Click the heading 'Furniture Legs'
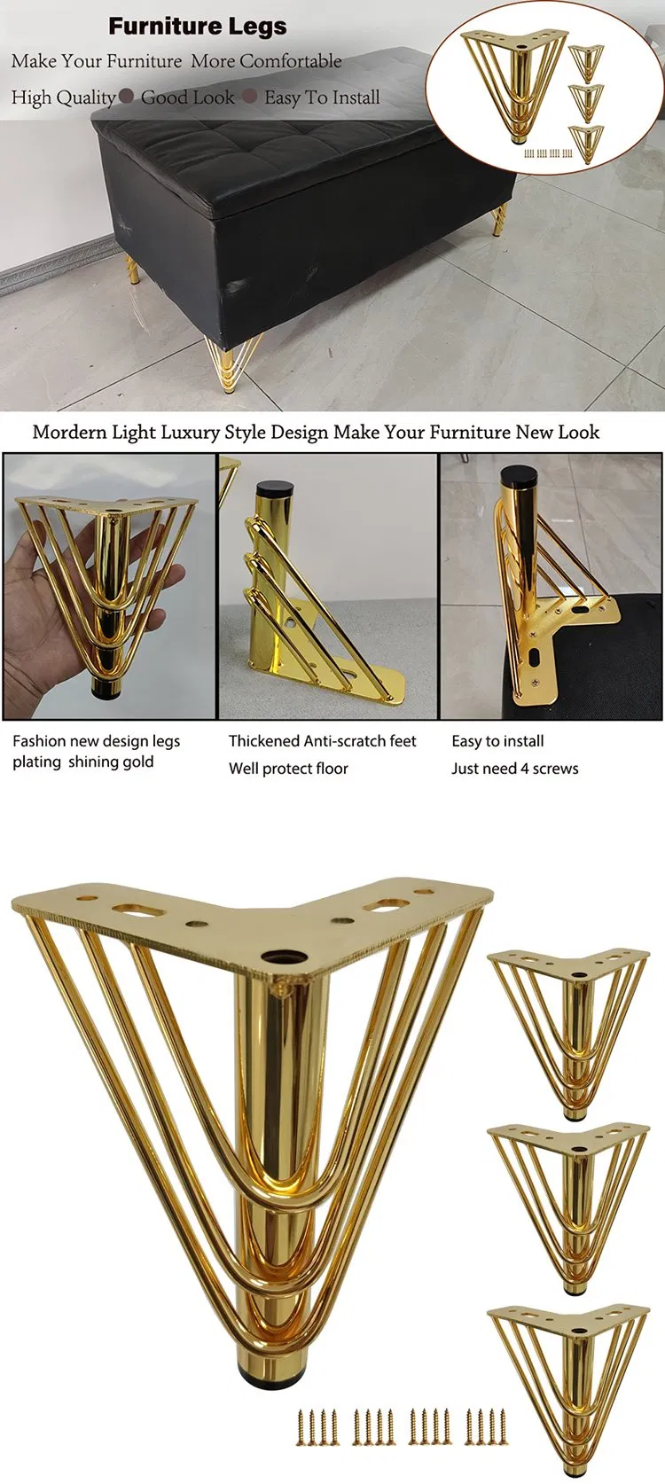[198, 27]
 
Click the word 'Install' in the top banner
[355, 98]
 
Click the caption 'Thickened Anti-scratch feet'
[322, 741]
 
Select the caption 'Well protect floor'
[288, 769]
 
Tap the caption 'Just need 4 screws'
[514, 769]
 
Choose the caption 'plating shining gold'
[82, 762]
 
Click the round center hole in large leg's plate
[286, 961]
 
